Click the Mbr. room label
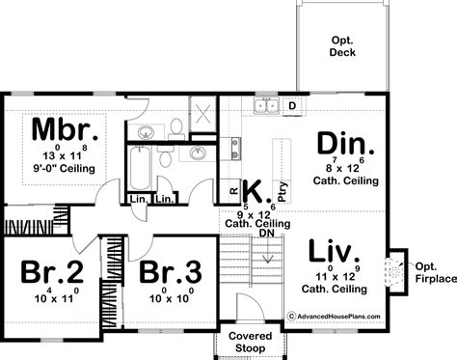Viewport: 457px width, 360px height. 65,129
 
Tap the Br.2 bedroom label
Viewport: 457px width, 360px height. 52,272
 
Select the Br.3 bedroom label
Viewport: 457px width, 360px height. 171,272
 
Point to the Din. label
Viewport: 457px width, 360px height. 345,143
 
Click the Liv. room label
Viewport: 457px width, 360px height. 334,251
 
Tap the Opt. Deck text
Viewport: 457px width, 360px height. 342,46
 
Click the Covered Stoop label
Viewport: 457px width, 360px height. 251,342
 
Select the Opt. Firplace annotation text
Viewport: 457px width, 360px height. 436,273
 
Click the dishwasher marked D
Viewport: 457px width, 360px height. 292,106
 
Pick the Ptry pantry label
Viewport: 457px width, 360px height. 282,192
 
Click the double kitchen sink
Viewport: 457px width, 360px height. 266,105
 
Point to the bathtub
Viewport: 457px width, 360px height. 140,168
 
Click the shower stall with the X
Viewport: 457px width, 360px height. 202,114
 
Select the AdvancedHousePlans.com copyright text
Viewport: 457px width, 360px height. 334,317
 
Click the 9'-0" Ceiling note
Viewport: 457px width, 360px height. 65,168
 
